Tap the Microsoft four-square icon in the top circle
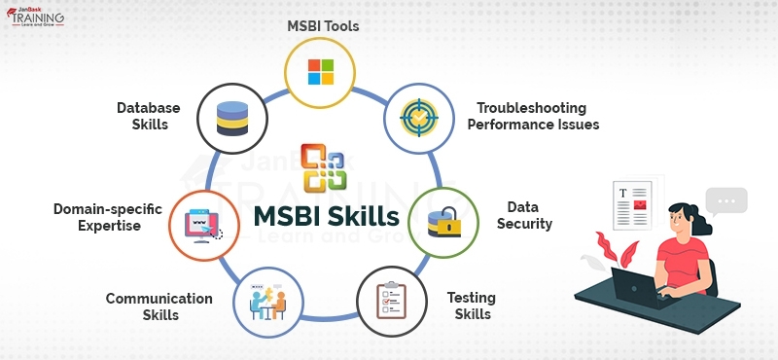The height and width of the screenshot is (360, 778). pos(320,71)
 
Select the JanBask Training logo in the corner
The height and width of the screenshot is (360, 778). pos(37,18)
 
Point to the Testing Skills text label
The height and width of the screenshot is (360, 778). pos(470,305)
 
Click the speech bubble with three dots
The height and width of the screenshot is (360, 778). pos(725,201)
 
